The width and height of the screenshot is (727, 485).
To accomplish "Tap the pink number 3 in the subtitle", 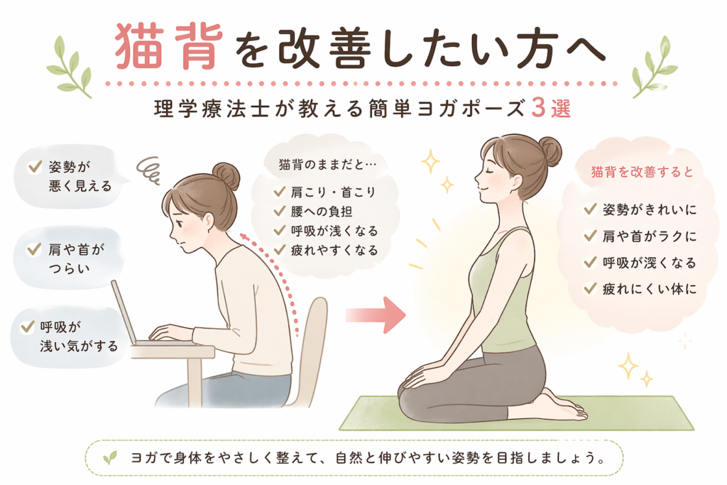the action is coord(538,109).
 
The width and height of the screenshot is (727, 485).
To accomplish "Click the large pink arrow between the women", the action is coord(376,315).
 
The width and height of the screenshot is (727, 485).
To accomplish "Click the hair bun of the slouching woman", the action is coord(226,176).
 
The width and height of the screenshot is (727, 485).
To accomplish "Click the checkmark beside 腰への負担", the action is coord(279,211).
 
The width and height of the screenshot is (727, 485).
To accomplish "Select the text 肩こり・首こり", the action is coord(333,192).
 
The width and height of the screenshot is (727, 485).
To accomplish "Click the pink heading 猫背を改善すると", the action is coord(642,172).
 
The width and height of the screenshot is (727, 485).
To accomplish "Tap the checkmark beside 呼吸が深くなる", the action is coord(590,263).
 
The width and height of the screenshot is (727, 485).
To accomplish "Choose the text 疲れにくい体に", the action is coord(650,289).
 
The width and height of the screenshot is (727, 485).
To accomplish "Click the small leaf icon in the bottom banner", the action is coord(110,458).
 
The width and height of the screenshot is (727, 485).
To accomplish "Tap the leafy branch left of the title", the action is coord(70,66).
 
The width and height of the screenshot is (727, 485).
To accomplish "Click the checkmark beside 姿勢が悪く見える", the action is coord(35,166).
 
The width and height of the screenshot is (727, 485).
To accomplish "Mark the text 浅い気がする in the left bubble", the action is coord(79,346).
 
